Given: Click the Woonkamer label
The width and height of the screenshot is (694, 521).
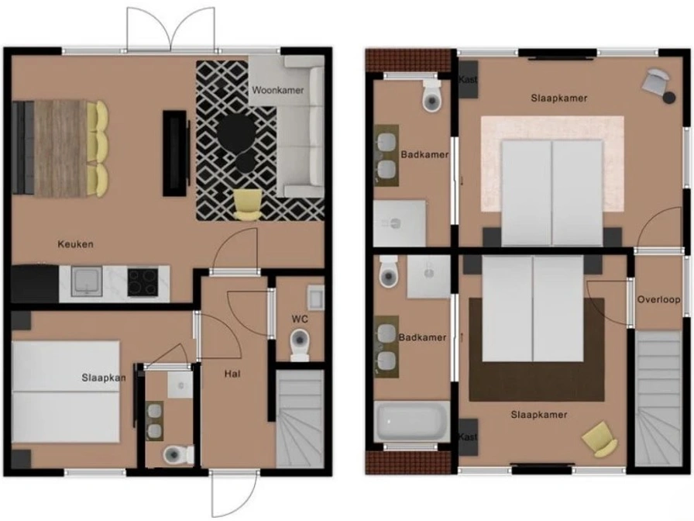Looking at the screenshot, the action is click(278, 91).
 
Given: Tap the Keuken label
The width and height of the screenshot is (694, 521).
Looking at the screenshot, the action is click(75, 244).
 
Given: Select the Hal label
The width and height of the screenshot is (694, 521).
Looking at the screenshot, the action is click(232, 374).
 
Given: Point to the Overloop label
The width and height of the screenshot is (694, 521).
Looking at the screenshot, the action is click(658, 299).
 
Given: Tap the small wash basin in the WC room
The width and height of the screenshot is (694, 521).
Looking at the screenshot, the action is click(315, 297).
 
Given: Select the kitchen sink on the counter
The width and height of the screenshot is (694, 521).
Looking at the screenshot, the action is click(87, 281).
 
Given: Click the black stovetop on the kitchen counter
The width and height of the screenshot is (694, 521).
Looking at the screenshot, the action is click(143, 281).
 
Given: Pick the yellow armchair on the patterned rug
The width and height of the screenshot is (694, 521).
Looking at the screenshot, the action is click(247, 205).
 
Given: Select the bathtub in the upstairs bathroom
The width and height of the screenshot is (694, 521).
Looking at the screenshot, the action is click(411, 421).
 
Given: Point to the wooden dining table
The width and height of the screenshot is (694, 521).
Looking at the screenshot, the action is click(60, 148).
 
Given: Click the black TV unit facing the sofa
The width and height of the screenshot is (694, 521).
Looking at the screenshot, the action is click(174, 153).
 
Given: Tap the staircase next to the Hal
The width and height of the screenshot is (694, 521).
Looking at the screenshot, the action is click(299, 419).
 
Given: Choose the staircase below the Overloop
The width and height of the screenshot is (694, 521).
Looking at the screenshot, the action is click(658, 398).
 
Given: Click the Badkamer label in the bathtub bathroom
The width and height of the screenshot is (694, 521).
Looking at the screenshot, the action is click(422, 337).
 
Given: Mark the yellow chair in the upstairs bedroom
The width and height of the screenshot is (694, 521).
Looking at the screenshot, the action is click(600, 439).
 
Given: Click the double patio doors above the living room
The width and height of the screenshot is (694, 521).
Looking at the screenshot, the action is click(171, 29).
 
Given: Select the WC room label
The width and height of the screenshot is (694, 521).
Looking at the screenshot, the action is click(300, 319).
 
